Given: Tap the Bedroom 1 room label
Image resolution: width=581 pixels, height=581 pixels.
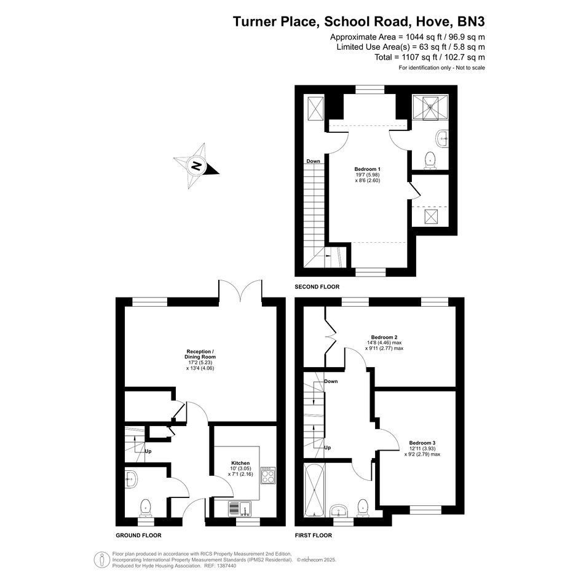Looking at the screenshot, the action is [x=367, y=169].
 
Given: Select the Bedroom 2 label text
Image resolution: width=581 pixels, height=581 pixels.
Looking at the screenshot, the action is [x=384, y=337].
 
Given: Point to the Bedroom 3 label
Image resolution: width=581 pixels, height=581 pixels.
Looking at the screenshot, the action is [x=422, y=443].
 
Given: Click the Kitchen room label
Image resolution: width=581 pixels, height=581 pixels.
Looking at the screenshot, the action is [x=240, y=463].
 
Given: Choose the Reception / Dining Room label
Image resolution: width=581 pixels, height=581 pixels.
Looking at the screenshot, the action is [x=200, y=354].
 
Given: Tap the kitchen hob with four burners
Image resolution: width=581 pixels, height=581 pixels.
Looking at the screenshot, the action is [x=268, y=475].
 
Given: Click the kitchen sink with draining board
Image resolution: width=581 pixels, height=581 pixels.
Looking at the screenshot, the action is [x=240, y=508].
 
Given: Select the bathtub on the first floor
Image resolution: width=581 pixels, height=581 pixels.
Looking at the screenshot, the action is [x=314, y=490].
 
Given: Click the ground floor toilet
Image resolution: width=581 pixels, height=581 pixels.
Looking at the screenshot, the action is [x=146, y=508].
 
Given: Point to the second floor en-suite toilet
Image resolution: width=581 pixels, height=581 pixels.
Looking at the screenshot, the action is [x=430, y=160].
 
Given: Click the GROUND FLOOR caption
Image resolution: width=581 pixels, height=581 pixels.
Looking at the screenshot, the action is [x=138, y=535].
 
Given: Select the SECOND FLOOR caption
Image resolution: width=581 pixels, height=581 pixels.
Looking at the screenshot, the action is [x=317, y=287].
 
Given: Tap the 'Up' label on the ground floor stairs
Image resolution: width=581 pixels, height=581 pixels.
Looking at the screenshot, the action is [x=148, y=451].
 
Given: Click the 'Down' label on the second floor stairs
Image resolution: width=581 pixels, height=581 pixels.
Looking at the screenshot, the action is [x=313, y=161].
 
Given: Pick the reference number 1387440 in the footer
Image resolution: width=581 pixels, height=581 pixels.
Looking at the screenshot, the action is [x=226, y=566].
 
